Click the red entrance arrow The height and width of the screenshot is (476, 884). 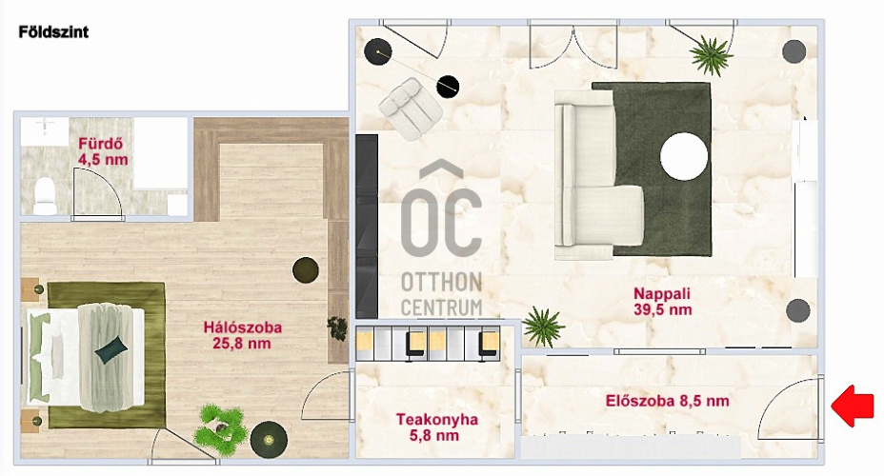pyautogui.click(x=852, y=406)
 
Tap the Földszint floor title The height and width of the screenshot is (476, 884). pyautogui.click(x=53, y=32)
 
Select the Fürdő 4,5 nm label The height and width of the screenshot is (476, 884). pyautogui.click(x=103, y=151)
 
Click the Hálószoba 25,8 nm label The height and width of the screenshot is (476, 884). pyautogui.click(x=242, y=335)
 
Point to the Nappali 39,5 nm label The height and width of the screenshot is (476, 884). pyautogui.click(x=662, y=302)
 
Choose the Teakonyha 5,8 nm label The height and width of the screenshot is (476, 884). pyautogui.click(x=436, y=427)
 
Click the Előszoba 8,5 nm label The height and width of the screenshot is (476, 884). pyautogui.click(x=667, y=401)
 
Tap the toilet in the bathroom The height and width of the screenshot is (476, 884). pyautogui.click(x=44, y=195)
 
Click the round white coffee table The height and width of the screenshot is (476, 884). pyautogui.click(x=683, y=156)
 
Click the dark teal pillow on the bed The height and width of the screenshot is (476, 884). pyautogui.click(x=111, y=349)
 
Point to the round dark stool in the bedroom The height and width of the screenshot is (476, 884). pyautogui.click(x=306, y=270)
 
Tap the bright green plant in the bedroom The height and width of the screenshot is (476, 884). pyautogui.click(x=220, y=429)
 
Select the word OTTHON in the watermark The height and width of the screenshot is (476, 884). pyautogui.click(x=441, y=282)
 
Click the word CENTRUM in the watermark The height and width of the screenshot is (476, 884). pyautogui.click(x=441, y=308)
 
